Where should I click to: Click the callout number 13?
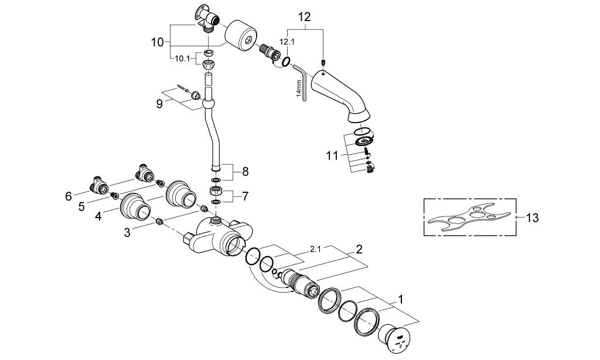coord(531,218)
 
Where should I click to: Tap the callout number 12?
coord(305,17)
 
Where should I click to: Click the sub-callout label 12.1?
coord(287,42)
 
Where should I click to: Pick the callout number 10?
coord(157,42)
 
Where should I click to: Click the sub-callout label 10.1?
coord(183,59)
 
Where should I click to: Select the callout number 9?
coord(159,104)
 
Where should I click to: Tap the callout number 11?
coord(332,156)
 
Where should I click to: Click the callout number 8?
coord(245,172)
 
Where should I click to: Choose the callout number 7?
coord(245,197)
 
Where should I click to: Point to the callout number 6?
coord(69,196)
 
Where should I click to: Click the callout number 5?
coord(81,207)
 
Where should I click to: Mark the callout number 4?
coord(98,217)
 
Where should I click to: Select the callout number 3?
coord(127,232)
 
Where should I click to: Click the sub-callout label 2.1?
coord(315,250)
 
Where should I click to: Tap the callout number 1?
coord(401,298)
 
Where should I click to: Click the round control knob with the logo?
coord(394,337)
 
